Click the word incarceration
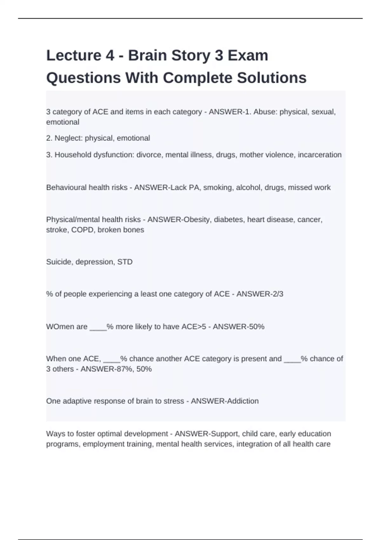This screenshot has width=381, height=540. click(319, 155)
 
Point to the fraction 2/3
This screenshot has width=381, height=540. click(278, 294)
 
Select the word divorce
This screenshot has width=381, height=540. click(149, 155)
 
